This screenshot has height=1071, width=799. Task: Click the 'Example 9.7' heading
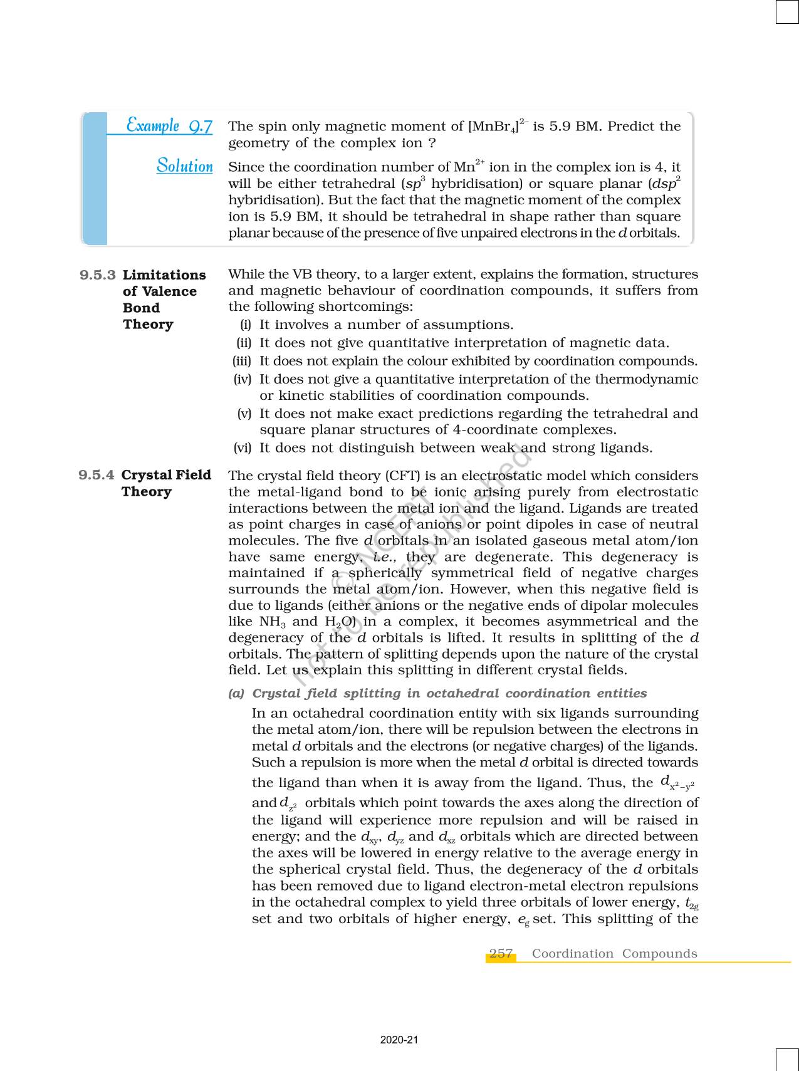169,125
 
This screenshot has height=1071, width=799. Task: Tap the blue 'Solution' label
185,166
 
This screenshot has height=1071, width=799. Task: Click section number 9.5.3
98,275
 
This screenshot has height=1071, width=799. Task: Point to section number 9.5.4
97,475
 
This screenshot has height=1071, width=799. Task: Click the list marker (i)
246,325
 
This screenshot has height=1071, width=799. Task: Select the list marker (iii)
242,361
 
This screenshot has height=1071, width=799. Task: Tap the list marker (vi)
242,447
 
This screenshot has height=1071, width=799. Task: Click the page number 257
501,953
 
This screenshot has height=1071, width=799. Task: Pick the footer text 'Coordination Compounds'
614,953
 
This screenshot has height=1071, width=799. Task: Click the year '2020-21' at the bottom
399,1040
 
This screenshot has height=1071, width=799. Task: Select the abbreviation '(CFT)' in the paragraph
389,476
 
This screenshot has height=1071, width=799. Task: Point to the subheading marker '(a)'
236,693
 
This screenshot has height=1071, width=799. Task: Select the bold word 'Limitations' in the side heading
164,275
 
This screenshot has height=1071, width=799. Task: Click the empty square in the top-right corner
787,11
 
